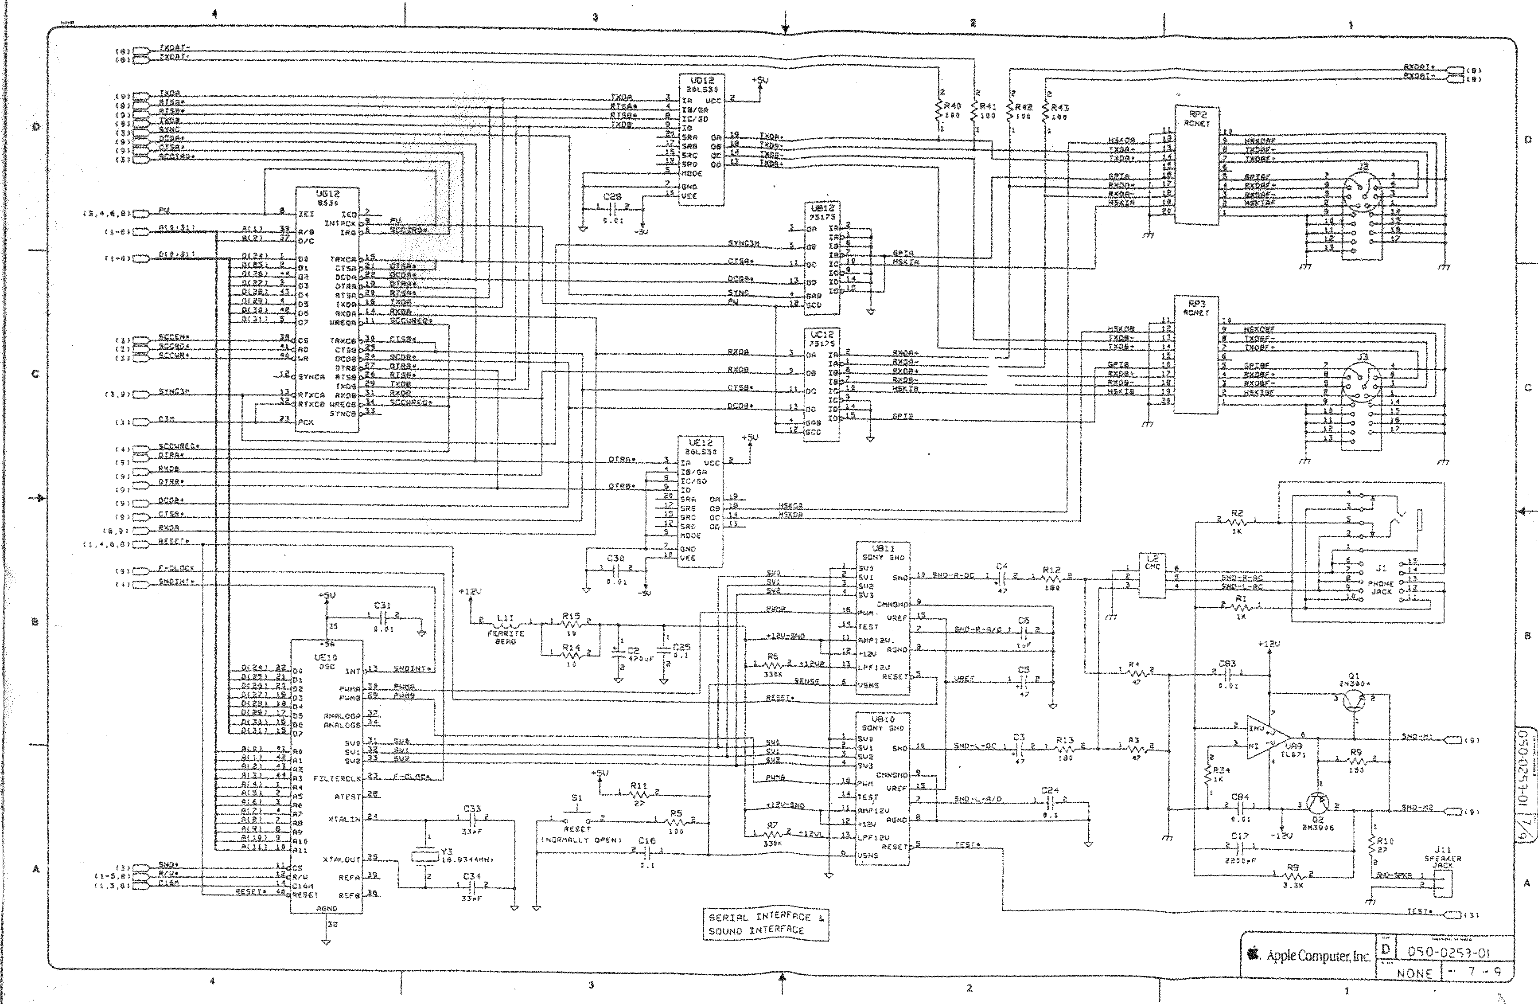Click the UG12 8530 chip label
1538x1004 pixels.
(327, 198)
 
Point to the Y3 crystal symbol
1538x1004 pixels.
(426, 856)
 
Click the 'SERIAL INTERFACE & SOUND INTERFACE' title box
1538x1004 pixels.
(766, 924)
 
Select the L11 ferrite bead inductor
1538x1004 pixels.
(505, 622)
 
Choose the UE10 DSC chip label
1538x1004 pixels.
(326, 661)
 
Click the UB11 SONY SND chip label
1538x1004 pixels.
(883, 552)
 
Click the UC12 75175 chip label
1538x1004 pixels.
(822, 339)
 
